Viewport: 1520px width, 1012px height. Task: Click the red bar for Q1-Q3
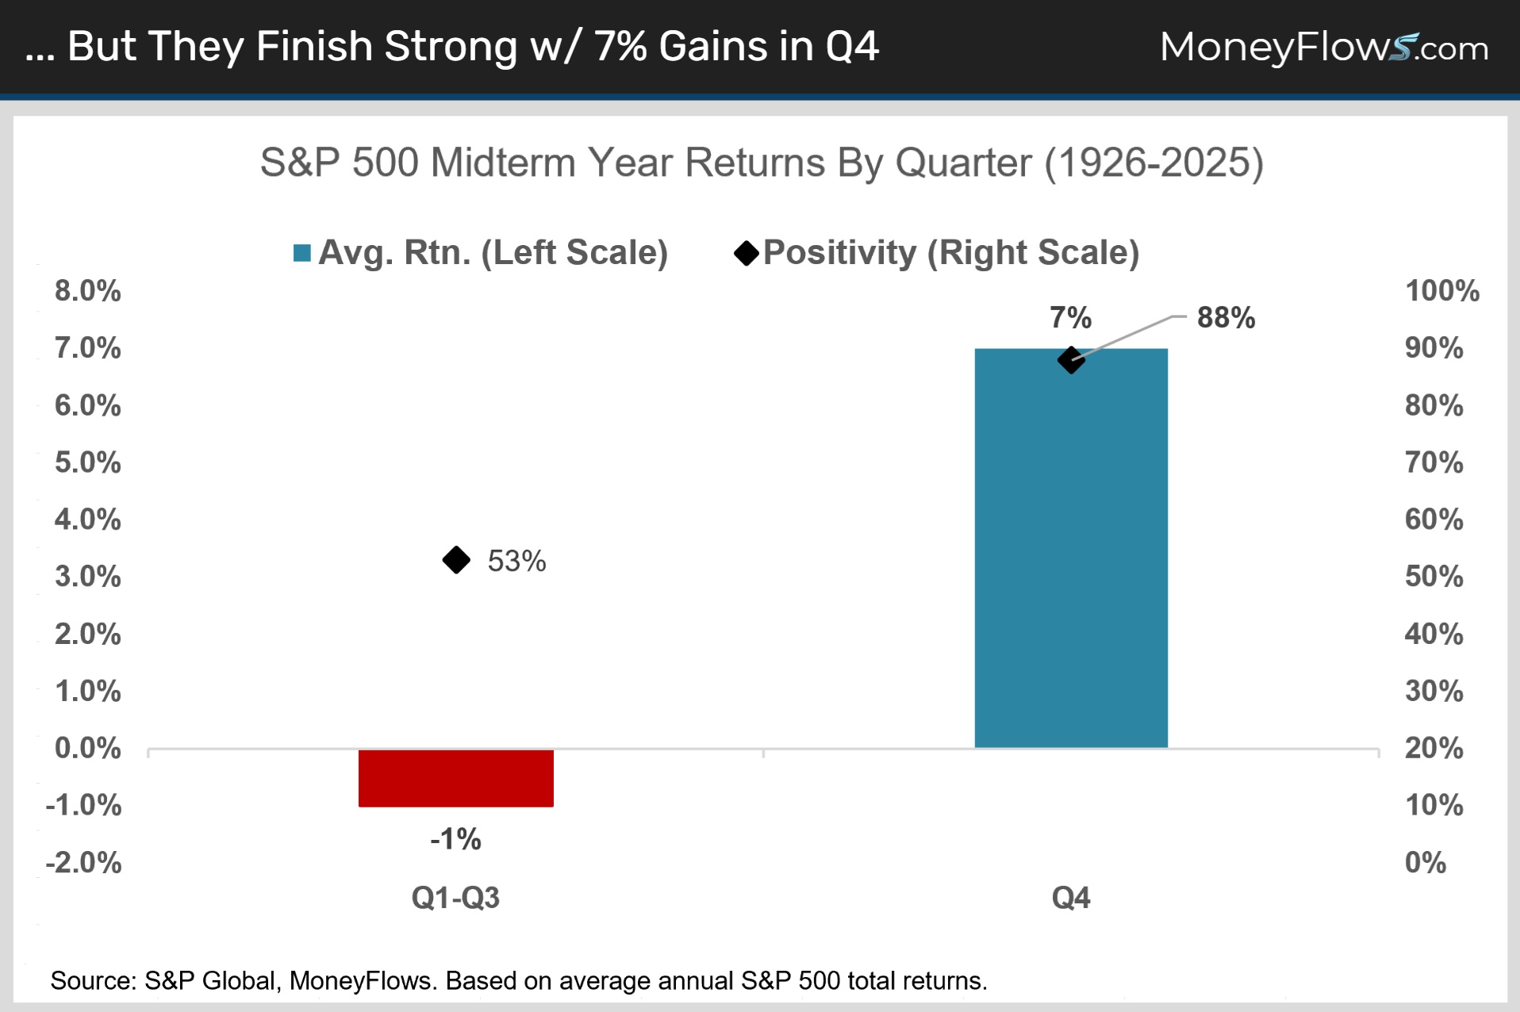(456, 778)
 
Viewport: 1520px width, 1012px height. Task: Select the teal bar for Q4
(1071, 548)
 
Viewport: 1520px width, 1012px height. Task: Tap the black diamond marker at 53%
(456, 560)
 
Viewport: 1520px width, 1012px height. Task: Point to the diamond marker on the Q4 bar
(1071, 360)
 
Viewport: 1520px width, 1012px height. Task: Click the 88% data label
(1226, 317)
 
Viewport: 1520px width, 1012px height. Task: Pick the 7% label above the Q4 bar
(1071, 317)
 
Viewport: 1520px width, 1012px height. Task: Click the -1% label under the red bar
(456, 839)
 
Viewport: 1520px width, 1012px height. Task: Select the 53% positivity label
(516, 561)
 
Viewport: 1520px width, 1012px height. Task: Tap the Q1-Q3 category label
(455, 898)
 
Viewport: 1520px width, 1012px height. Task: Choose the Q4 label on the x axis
(1071, 898)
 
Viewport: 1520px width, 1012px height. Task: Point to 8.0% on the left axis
(87, 291)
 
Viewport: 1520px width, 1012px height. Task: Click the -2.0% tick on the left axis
(83, 862)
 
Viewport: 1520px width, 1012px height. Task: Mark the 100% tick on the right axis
(1442, 291)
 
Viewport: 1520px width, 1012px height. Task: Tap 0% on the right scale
(1426, 862)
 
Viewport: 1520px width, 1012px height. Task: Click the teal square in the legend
(301, 253)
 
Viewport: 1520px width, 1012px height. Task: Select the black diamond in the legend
(747, 253)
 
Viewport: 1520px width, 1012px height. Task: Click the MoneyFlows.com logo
(1324, 47)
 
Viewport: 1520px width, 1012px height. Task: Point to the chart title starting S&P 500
(762, 163)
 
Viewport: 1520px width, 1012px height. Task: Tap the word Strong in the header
(451, 46)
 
